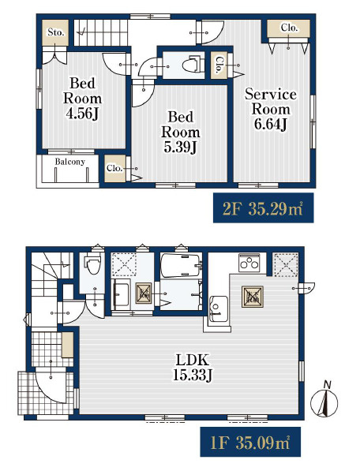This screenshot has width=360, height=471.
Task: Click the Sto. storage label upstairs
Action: [x=55, y=32]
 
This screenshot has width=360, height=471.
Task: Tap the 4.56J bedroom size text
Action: [x=82, y=114]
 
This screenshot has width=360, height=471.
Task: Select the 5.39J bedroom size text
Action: [x=180, y=148]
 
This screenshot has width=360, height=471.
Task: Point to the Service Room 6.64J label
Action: [x=271, y=109]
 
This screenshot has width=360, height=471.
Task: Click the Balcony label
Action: [x=69, y=162]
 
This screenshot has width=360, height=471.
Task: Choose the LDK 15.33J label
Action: [x=193, y=367]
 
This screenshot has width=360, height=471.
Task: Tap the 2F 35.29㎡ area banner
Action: [x=263, y=207]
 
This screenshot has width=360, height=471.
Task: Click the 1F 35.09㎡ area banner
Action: [x=250, y=442]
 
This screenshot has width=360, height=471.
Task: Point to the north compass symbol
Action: [x=324, y=401]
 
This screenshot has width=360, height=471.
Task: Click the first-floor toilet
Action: [x=92, y=263]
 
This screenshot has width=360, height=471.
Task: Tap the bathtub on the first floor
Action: [x=182, y=266]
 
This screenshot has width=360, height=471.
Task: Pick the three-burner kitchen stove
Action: [x=249, y=262]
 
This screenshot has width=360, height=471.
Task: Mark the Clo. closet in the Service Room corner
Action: [x=288, y=28]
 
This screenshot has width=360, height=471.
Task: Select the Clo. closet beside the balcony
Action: [x=114, y=168]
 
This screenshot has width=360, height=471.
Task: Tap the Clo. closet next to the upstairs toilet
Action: [x=219, y=65]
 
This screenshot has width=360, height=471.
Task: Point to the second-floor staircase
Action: [x=101, y=33]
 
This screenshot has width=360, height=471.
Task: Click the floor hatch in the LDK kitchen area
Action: [x=253, y=297]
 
